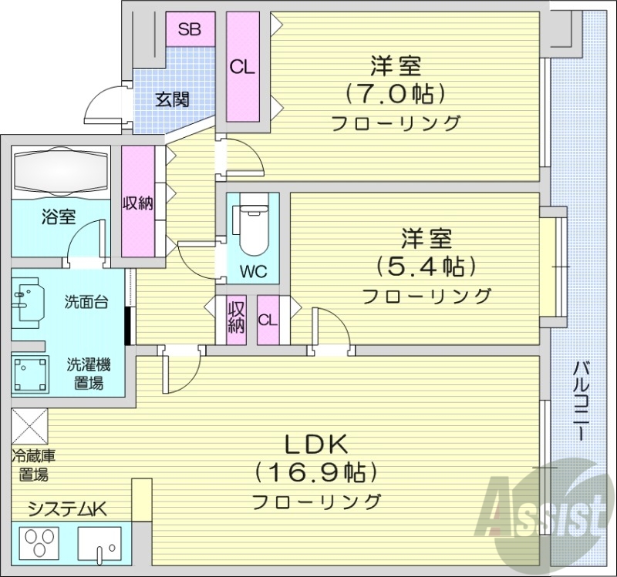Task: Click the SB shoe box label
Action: tap(189, 30)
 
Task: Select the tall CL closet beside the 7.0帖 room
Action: tap(241, 68)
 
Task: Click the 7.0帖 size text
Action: tap(396, 94)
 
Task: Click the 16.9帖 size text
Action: tap(317, 471)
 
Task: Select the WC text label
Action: tap(252, 271)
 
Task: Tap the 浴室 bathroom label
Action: tap(59, 216)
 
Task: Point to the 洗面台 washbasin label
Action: tap(86, 302)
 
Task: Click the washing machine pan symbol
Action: tap(29, 373)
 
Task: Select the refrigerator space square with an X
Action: tap(29, 426)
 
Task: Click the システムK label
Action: tap(66, 508)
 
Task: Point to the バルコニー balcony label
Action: tap(580, 401)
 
